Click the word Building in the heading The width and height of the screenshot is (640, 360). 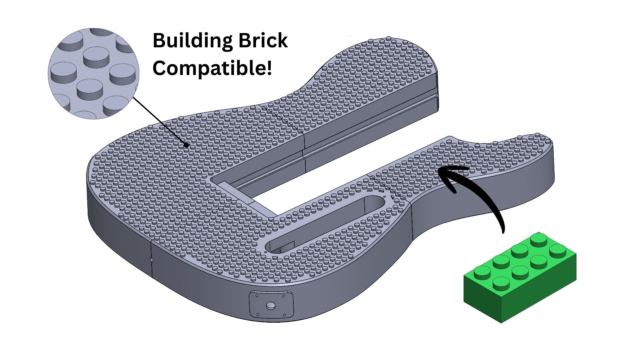pyautogui.click(x=192, y=41)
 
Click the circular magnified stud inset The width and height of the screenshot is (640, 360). pyautogui.click(x=93, y=74)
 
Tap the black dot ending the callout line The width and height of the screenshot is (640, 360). pyautogui.click(x=187, y=145)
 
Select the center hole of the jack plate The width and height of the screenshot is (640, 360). pyautogui.click(x=271, y=306)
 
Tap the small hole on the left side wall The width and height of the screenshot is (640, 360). pyautogui.click(x=151, y=260)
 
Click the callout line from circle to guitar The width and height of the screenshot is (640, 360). pyautogui.click(x=160, y=122)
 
